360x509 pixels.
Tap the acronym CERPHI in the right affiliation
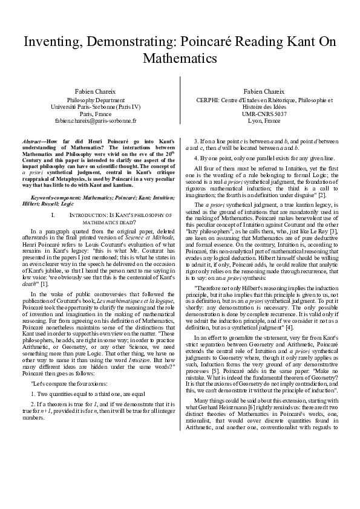(209, 99)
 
